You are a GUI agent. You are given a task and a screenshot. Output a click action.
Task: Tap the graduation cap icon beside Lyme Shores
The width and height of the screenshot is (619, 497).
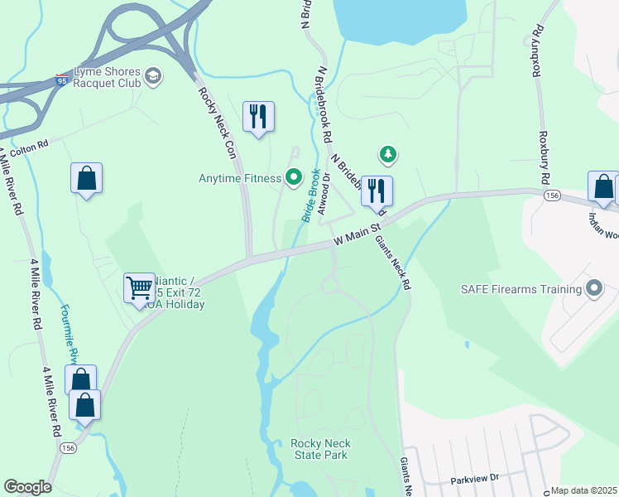coord(152,77)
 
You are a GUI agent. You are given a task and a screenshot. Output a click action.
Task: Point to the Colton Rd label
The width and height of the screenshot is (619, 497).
coord(31,143)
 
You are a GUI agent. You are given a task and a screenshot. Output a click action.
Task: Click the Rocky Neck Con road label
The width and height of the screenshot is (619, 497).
coord(218,122)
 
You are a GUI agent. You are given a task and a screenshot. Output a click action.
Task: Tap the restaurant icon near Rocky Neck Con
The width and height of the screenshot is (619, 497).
coord(258,117)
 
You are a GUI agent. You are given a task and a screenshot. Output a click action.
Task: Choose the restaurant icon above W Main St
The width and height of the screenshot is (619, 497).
coord(377,191)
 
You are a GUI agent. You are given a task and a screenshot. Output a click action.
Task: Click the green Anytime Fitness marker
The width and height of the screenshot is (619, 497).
coord(293,176)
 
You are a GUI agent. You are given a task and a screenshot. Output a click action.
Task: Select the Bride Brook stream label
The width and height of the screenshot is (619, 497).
coord(310,195)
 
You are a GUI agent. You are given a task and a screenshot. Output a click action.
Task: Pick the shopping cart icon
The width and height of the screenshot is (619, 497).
coord(139,289)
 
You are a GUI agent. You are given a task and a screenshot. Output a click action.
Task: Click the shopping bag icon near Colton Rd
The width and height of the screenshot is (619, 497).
coord(86,178)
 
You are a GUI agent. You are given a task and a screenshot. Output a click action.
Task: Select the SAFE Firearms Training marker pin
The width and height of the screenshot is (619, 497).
coord(593,289)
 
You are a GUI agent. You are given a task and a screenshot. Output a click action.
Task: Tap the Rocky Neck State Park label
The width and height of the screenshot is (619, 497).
coord(319,449)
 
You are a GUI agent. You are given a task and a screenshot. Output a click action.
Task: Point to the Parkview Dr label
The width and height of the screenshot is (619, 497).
coord(476,480)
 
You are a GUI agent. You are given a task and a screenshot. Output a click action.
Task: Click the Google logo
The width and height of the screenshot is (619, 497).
coord(27,487)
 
